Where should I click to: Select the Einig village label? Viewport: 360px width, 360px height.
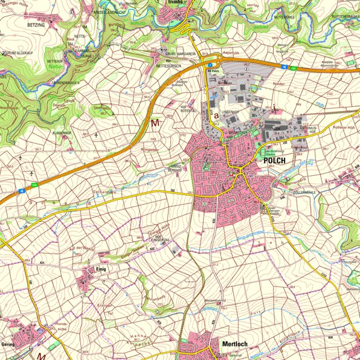point(100,269)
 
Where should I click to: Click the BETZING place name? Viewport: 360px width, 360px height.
point(37,26)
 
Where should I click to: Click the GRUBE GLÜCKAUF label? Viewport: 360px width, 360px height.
point(20,53)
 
